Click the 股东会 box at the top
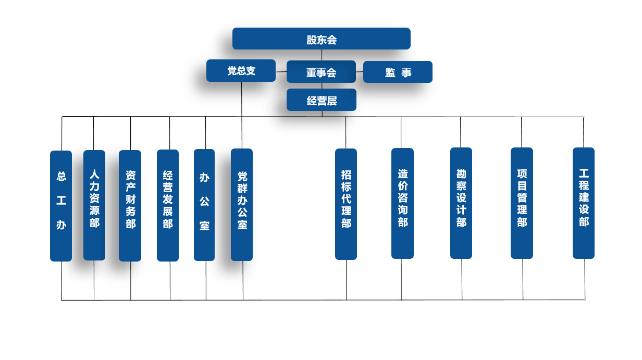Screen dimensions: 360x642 click(x=322, y=39)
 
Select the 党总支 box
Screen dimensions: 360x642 click(x=241, y=71)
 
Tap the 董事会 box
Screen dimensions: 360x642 click(x=321, y=72)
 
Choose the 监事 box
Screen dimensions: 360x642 click(x=398, y=72)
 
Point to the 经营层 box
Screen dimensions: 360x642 click(x=322, y=100)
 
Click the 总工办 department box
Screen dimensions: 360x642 click(x=61, y=206)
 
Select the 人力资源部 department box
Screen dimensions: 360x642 click(x=94, y=205)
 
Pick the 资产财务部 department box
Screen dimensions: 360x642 click(x=130, y=206)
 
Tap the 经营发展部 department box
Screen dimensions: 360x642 click(x=168, y=205)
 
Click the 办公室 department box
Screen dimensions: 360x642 click(x=204, y=205)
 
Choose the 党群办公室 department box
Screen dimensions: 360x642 click(x=242, y=205)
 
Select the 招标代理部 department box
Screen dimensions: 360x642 click(x=346, y=204)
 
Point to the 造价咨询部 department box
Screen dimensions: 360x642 click(x=402, y=203)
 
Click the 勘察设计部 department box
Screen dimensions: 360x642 click(x=461, y=203)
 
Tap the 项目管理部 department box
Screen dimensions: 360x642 click(x=522, y=203)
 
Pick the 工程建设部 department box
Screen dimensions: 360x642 click(x=584, y=203)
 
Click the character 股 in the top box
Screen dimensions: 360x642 click(x=312, y=40)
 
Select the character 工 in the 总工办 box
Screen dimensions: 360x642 click(x=61, y=201)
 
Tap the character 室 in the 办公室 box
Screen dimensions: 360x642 click(x=204, y=226)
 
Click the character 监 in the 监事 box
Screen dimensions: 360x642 click(x=390, y=73)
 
